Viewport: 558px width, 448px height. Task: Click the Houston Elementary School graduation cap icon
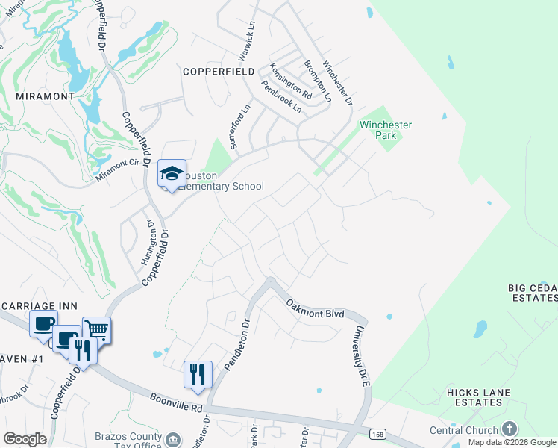coord(172,175)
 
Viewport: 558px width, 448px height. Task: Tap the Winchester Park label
coord(386,131)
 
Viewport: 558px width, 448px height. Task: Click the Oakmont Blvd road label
coord(316,308)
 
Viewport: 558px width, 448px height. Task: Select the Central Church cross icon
coord(510,429)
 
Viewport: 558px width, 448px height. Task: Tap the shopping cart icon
coord(97,329)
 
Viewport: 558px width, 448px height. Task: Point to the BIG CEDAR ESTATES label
coord(532,293)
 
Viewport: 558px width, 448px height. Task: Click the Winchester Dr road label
coord(336,82)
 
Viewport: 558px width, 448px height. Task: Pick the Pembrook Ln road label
coord(281,97)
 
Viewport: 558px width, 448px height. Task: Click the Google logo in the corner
coord(25,439)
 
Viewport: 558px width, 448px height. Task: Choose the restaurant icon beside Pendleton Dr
coord(198,373)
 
